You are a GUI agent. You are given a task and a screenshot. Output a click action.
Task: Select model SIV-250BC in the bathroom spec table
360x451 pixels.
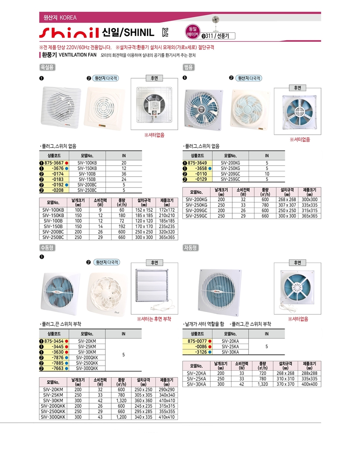(x=53, y=237)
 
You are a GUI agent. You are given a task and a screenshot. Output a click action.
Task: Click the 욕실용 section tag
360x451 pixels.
(x=46, y=67)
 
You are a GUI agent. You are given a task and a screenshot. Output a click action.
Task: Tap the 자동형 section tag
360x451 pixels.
(x=190, y=248)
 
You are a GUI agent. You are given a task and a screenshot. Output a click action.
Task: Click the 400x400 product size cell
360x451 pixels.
(x=309, y=384)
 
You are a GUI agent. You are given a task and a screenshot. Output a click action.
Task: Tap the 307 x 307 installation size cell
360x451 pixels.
(x=287, y=205)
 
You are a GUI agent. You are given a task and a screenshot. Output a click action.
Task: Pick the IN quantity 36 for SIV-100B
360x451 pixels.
(x=124, y=174)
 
